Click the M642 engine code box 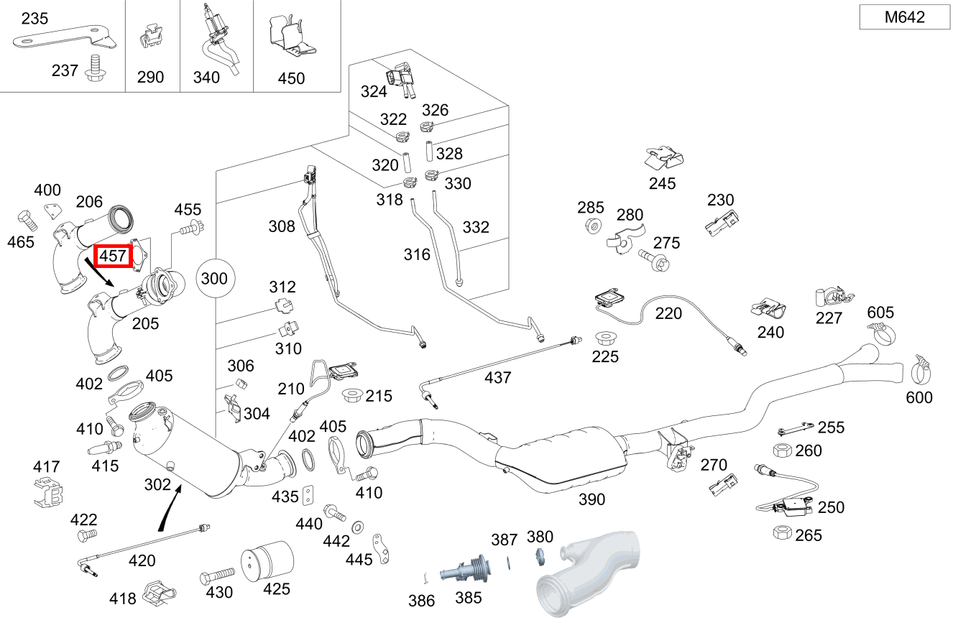(904, 17)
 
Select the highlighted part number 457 (113, 255)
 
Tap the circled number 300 (213, 278)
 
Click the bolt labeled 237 (93, 67)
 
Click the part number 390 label (591, 499)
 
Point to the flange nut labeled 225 (604, 338)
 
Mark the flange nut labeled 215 (352, 394)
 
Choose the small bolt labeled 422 (86, 535)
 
